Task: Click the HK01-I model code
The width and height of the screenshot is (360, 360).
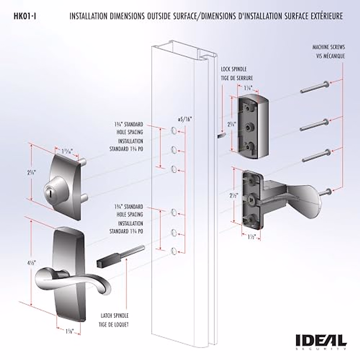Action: click(x=25, y=16)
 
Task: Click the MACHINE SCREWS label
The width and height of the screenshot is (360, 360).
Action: click(x=328, y=47)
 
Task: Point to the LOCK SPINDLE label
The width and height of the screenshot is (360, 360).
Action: click(x=233, y=69)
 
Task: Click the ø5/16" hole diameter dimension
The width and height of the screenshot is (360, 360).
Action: click(x=184, y=119)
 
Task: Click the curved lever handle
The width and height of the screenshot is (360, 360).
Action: click(x=72, y=277)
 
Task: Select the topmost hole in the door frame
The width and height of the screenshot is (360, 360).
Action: click(x=173, y=130)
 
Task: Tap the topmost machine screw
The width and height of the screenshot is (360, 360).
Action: click(x=315, y=87)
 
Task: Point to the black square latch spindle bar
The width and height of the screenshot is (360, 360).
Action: click(x=109, y=260)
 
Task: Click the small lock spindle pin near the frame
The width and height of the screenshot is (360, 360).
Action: click(x=221, y=136)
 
